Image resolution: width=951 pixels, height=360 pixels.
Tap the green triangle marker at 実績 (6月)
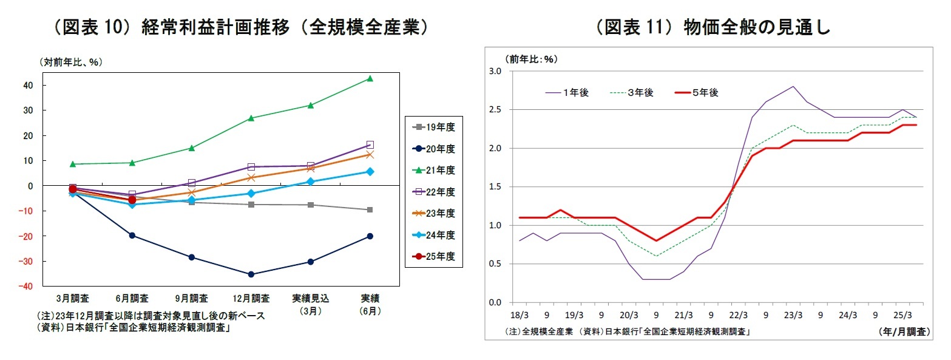click(370, 78)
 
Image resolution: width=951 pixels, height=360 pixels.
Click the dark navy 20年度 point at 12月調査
click(251, 274)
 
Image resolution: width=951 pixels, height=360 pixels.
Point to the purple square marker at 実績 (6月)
click(370, 145)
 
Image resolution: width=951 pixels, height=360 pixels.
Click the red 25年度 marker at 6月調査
click(132, 200)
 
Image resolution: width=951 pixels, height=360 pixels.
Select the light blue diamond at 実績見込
click(311, 182)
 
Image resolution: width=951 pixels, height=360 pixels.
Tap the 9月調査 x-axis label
click(191, 299)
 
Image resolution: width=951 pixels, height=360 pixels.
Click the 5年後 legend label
click(706, 92)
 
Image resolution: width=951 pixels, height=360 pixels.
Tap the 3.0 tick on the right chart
click(494, 72)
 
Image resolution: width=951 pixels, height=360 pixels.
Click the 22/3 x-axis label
click(738, 316)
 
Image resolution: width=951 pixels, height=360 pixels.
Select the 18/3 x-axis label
click(520, 316)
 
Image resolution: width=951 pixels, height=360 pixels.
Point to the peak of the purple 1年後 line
click(793, 86)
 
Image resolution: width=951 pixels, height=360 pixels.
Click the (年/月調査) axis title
click(904, 332)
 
